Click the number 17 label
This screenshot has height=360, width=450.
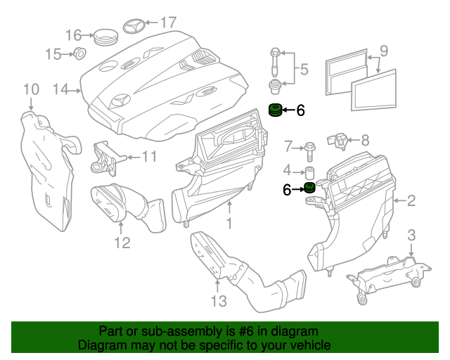167,22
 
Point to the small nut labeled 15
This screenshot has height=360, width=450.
79,53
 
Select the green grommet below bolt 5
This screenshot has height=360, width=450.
276,110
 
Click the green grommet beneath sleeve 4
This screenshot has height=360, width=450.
307,188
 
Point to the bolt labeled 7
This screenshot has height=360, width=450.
311,148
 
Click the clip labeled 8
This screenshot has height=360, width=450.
338,140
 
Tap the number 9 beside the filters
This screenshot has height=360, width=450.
383,51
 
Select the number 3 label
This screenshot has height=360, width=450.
412,234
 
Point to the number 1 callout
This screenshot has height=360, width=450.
229,224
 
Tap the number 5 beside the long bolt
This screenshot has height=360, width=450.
304,70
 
